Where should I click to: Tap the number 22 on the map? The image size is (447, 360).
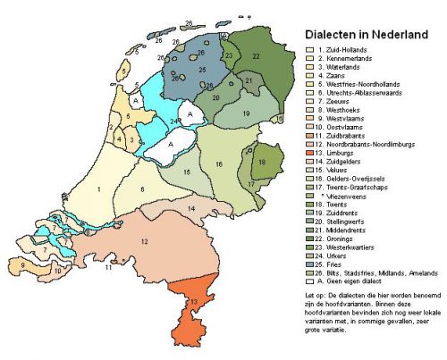256,55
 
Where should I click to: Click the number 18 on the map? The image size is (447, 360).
261,163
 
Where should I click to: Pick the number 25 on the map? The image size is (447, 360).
202,69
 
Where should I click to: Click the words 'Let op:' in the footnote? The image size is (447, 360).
316,292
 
